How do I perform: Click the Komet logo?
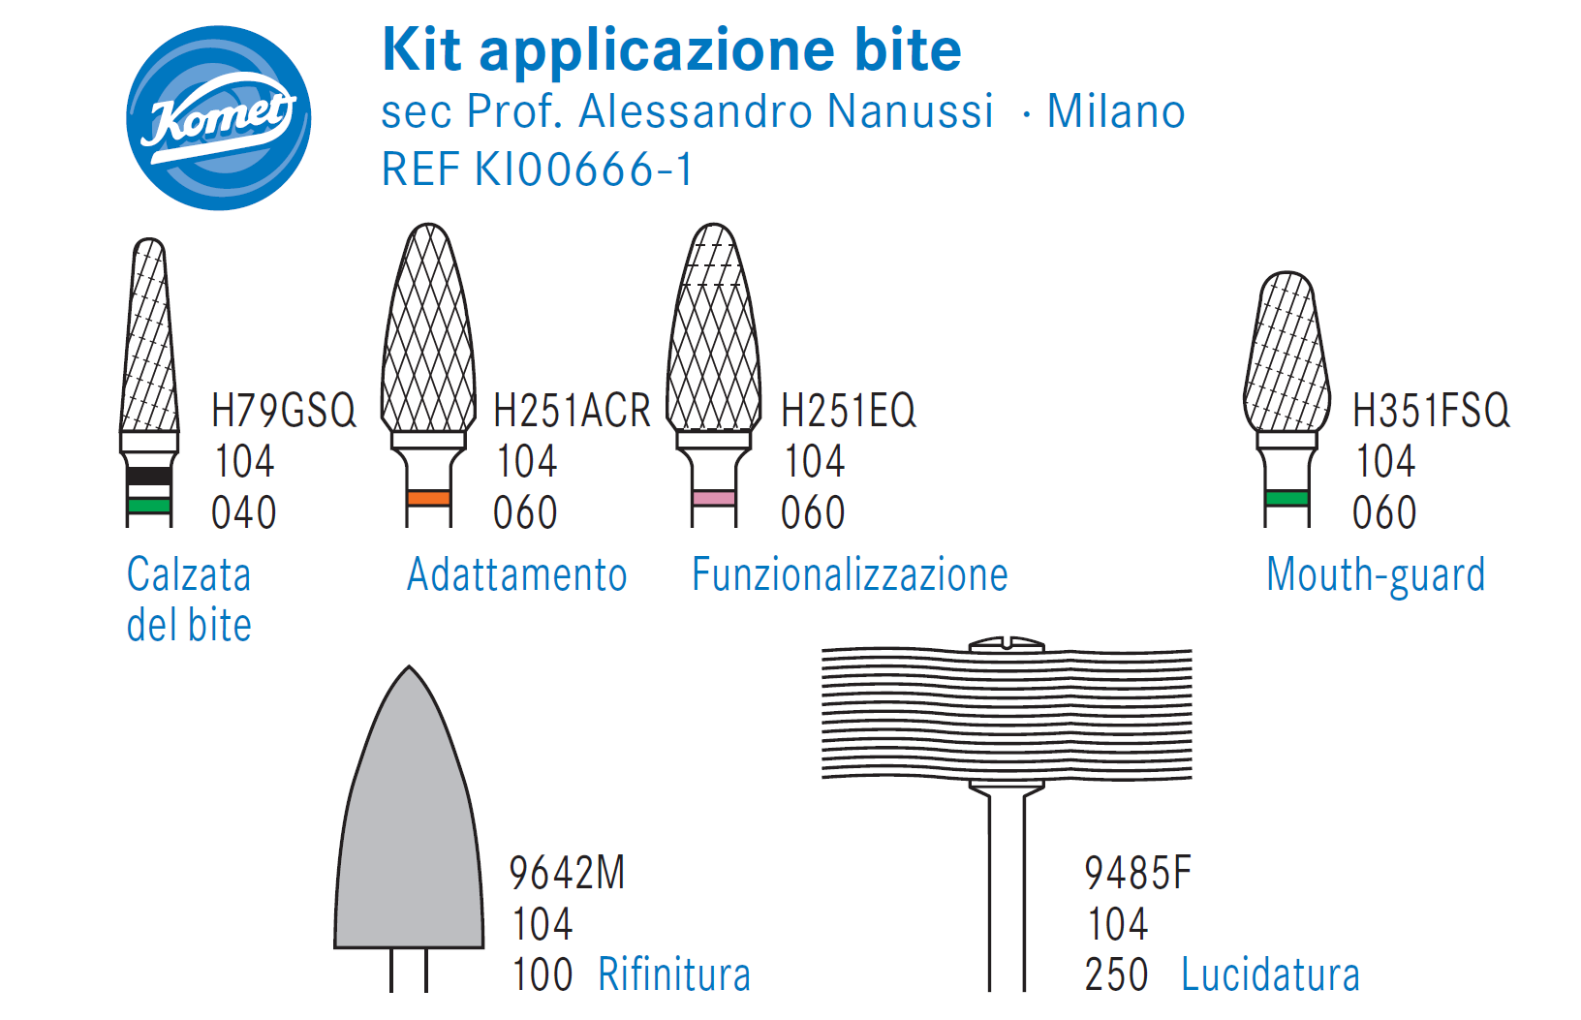pyautogui.click(x=218, y=118)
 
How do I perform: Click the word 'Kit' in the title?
pyautogui.click(x=422, y=49)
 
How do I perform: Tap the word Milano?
pyautogui.click(x=1116, y=111)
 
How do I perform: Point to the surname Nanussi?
pyautogui.click(x=910, y=111)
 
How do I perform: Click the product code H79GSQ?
pyautogui.click(x=284, y=410)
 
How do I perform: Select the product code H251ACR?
pyautogui.click(x=572, y=410)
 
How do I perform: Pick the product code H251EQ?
pyautogui.click(x=849, y=410)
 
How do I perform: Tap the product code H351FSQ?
pyautogui.click(x=1431, y=410)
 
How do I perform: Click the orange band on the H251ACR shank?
pyautogui.click(x=428, y=498)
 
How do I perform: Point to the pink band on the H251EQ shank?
pyautogui.click(x=714, y=498)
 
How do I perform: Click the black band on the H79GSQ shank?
pyautogui.click(x=149, y=476)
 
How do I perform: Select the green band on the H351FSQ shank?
pyautogui.click(x=1286, y=498)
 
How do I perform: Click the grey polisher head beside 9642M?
pyautogui.click(x=409, y=819)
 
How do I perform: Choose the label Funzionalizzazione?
pyautogui.click(x=850, y=574)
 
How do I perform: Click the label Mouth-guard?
pyautogui.click(x=1376, y=576)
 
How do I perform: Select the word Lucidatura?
pyautogui.click(x=1270, y=974)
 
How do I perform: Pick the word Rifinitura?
pyautogui.click(x=674, y=974)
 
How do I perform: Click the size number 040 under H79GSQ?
pyautogui.click(x=243, y=512)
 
